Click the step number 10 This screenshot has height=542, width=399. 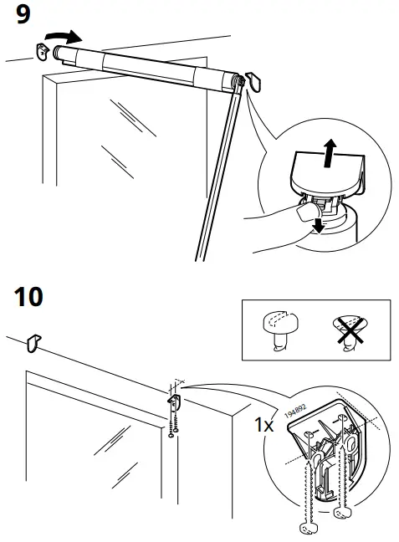pyautogui.click(x=30, y=298)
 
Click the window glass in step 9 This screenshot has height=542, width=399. pyautogui.click(x=125, y=142)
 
